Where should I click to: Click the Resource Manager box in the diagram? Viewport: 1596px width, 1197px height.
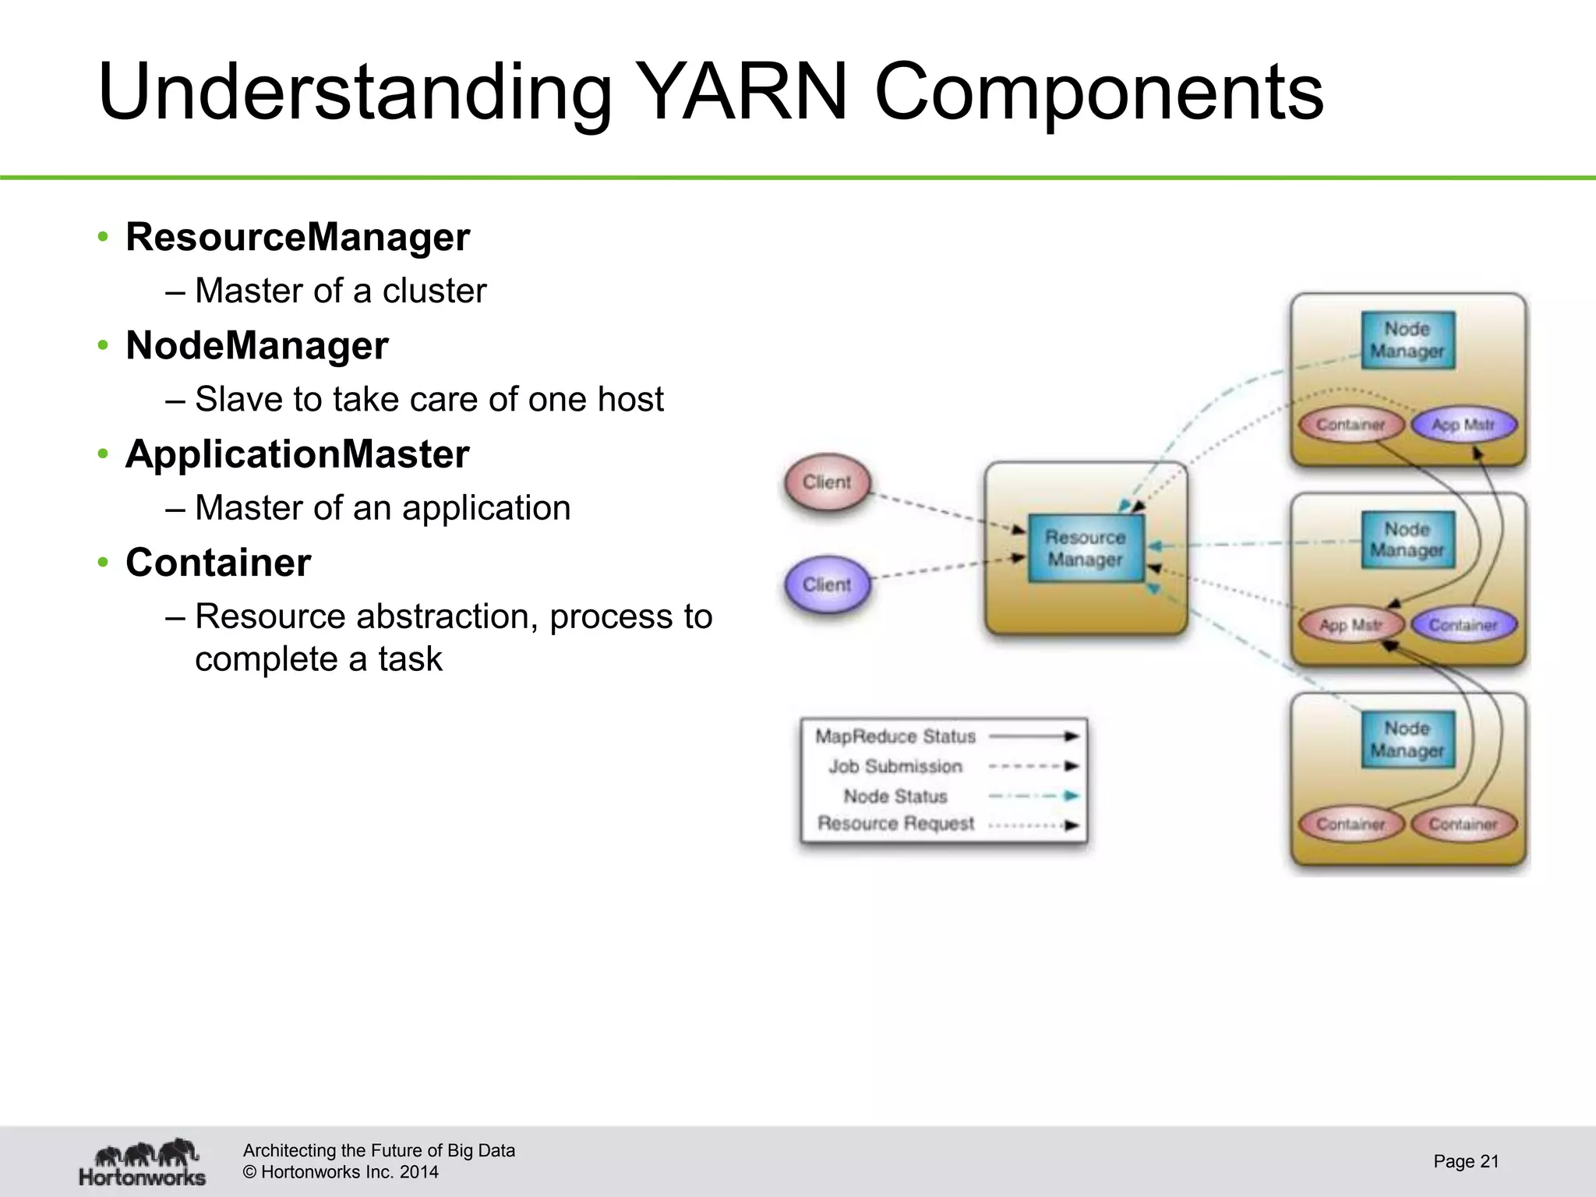point(1086,548)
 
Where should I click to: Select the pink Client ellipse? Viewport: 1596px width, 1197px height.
point(827,482)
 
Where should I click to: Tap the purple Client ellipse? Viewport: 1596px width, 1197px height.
point(827,584)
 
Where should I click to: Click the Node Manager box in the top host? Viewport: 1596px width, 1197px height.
point(1407,340)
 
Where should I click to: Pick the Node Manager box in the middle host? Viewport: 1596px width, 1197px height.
point(1407,539)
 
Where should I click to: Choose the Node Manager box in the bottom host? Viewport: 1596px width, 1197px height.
point(1407,740)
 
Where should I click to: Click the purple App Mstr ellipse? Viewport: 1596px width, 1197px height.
point(1464,425)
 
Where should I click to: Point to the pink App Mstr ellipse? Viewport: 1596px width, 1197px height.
point(1351,625)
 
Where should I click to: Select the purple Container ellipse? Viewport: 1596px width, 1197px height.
point(1464,625)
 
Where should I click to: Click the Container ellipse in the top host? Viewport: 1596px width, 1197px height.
point(1351,425)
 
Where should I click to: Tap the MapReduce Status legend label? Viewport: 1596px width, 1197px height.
point(895,736)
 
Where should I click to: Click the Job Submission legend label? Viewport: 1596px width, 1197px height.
point(895,767)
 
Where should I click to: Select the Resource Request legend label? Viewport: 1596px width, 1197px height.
point(895,824)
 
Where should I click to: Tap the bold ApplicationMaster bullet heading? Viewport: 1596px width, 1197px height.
point(297,454)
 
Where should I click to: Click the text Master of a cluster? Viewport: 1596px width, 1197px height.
point(341,291)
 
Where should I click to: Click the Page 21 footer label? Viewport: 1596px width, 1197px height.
point(1466,1161)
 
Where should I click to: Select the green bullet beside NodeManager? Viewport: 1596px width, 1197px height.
point(103,345)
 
